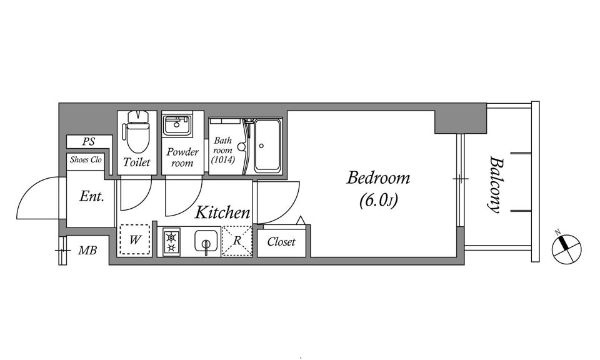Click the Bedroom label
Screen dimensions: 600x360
pos(378,178)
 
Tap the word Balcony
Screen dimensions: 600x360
pos(495,184)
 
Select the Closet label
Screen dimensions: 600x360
pos(281,242)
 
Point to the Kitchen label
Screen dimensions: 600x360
pos(222,212)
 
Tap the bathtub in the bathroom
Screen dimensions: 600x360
pos(267,146)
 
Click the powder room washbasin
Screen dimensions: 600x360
pos(177,126)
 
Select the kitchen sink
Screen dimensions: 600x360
pos(206,241)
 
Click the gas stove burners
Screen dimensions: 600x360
pos(171,242)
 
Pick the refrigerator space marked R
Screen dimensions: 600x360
pos(237,241)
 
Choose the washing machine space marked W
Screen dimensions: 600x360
pos(134,240)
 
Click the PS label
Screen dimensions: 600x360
pos(88,142)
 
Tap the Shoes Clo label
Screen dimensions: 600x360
pos(86,159)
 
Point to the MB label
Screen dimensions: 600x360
pos(87,251)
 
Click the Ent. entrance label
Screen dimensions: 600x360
pos(91,197)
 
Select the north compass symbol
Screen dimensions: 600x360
pos(566,249)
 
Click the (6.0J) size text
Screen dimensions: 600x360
pos(379,201)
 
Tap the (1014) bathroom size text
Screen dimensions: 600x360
pos(223,159)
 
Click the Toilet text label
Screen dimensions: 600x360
pos(137,162)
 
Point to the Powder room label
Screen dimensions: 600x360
pos(182,157)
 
